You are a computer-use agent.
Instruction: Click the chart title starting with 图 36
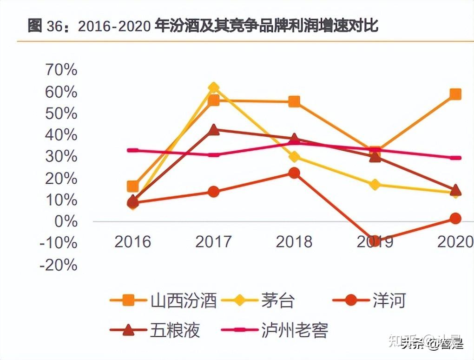[x=203, y=26]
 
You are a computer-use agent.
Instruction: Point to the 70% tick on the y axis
[x=61, y=70]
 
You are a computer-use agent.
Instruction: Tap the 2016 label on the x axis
[x=133, y=242]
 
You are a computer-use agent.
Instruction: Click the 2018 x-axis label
[x=294, y=242]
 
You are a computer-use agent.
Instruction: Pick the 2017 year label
[x=214, y=242]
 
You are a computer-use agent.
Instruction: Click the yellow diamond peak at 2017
[x=214, y=87]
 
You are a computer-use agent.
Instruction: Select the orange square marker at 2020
[x=455, y=94]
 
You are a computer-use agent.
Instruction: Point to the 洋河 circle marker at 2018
[x=294, y=173]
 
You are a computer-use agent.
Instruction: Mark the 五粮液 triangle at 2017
[x=214, y=130]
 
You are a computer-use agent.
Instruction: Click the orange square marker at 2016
[x=133, y=187]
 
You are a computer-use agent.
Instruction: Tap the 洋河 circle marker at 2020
[x=455, y=218]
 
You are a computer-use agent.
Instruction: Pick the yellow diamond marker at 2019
[x=375, y=185]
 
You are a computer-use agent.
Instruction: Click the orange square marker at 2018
[x=294, y=101]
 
